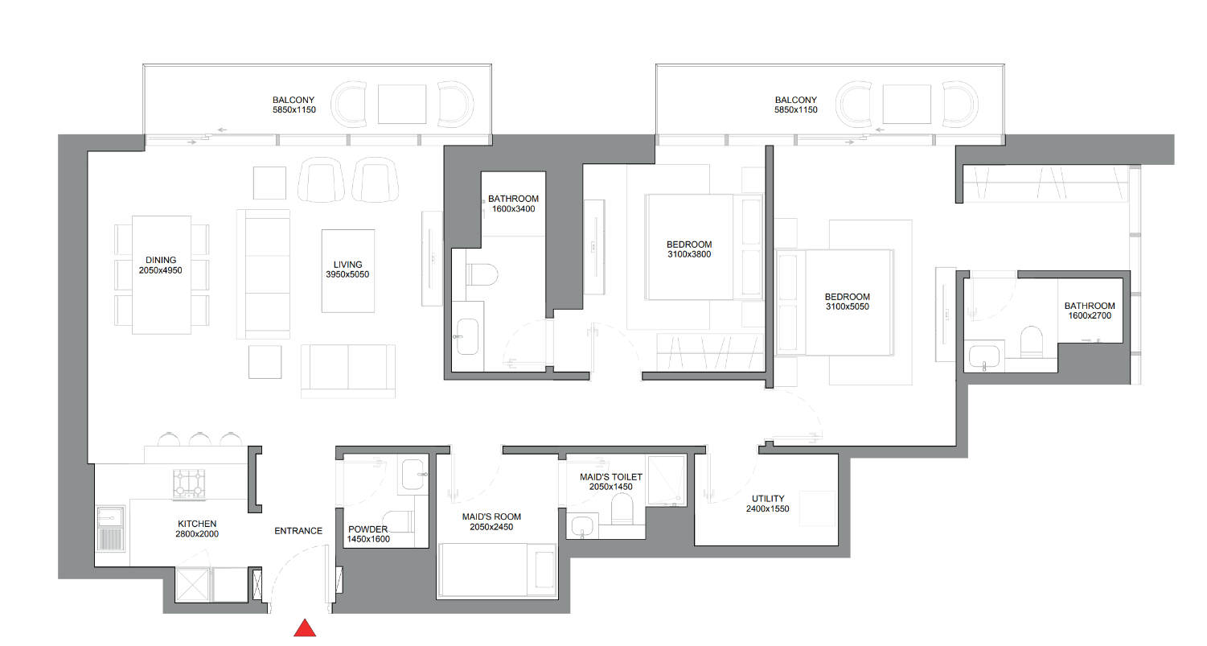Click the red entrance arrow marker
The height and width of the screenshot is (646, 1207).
pyautogui.click(x=305, y=628)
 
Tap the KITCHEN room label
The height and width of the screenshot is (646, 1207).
pyautogui.click(x=197, y=524)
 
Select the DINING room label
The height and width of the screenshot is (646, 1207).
pyautogui.click(x=161, y=260)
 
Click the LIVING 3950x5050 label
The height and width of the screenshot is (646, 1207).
pyautogui.click(x=347, y=270)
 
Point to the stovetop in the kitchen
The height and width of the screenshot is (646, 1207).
pyautogui.click(x=189, y=483)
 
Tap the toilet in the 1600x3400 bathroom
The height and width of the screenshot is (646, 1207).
pyautogui.click(x=482, y=274)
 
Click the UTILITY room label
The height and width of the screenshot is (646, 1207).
pyautogui.click(x=768, y=499)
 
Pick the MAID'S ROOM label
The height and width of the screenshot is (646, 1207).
pyautogui.click(x=491, y=516)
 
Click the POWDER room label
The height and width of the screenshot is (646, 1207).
pyautogui.click(x=368, y=529)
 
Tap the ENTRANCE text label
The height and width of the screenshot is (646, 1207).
pyautogui.click(x=298, y=531)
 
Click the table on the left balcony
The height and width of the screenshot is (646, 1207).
pyautogui.click(x=402, y=104)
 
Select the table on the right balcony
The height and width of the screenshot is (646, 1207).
pyautogui.click(x=907, y=104)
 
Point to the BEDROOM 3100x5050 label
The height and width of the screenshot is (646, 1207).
pyautogui.click(x=847, y=302)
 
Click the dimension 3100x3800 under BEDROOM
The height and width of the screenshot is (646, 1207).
pyautogui.click(x=689, y=254)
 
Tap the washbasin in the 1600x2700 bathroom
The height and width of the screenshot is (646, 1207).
pyautogui.click(x=984, y=356)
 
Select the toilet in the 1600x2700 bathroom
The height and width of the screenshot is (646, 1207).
pyautogui.click(x=1032, y=341)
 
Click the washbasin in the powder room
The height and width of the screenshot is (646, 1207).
pyautogui.click(x=413, y=474)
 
